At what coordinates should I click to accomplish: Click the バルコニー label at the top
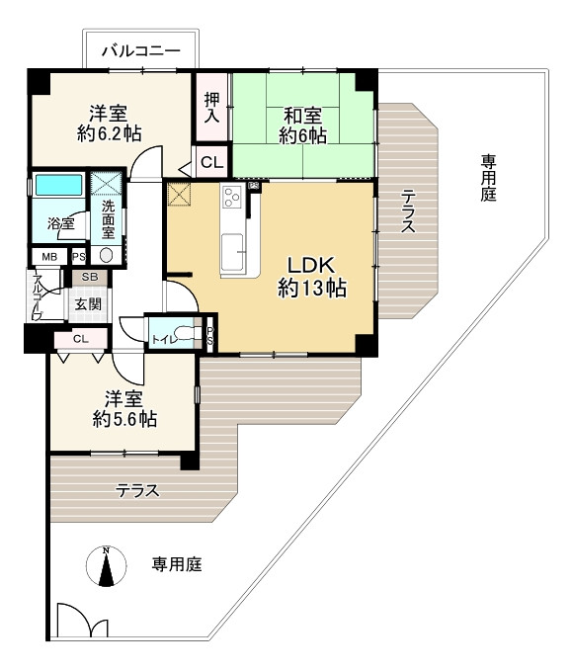click(142, 47)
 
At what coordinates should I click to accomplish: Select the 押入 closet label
click(211, 107)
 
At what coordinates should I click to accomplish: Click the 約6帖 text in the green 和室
click(302, 136)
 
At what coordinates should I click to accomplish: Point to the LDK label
click(311, 265)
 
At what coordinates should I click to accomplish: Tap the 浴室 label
click(61, 224)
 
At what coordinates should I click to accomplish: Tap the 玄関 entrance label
click(88, 304)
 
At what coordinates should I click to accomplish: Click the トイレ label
click(163, 340)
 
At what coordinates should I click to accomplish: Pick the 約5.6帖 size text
click(124, 420)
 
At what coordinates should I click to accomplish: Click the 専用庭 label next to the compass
click(177, 565)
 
